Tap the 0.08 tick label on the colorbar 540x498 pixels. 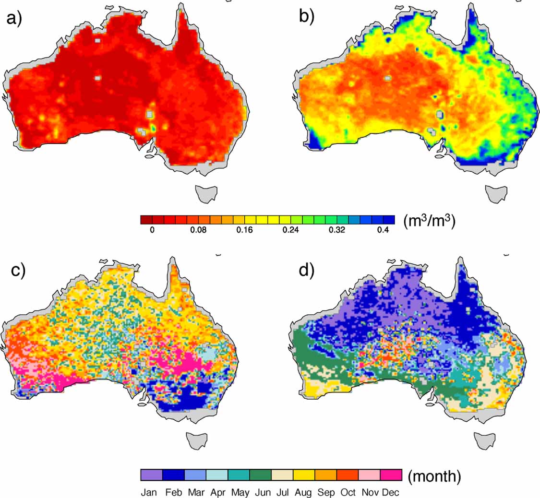pyautogui.click(x=198, y=230)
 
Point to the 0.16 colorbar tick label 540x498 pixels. pyautogui.click(x=244, y=230)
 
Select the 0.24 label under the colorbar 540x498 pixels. pyautogui.click(x=290, y=230)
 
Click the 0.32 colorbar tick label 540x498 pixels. pyautogui.click(x=336, y=230)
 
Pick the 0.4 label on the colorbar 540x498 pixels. pyautogui.click(x=383, y=230)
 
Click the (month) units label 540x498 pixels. pyautogui.click(x=434, y=476)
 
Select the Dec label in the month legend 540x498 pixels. pyautogui.click(x=391, y=492)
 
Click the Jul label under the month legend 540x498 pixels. pyautogui.click(x=282, y=492)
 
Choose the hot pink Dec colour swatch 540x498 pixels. pyautogui.click(x=391, y=475)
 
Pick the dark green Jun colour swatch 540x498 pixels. pyautogui.click(x=260, y=475)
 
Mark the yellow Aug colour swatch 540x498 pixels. pyautogui.click(x=303, y=475)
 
